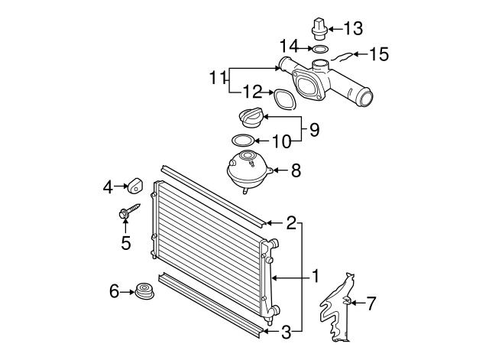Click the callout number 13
(353, 29)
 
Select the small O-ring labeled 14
(320, 50)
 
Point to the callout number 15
(378, 54)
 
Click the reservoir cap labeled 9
(251, 119)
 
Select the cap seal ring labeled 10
(243, 141)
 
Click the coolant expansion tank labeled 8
(246, 169)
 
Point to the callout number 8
(296, 171)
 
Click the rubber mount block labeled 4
(136, 186)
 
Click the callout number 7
(371, 304)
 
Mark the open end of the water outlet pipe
(365, 98)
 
